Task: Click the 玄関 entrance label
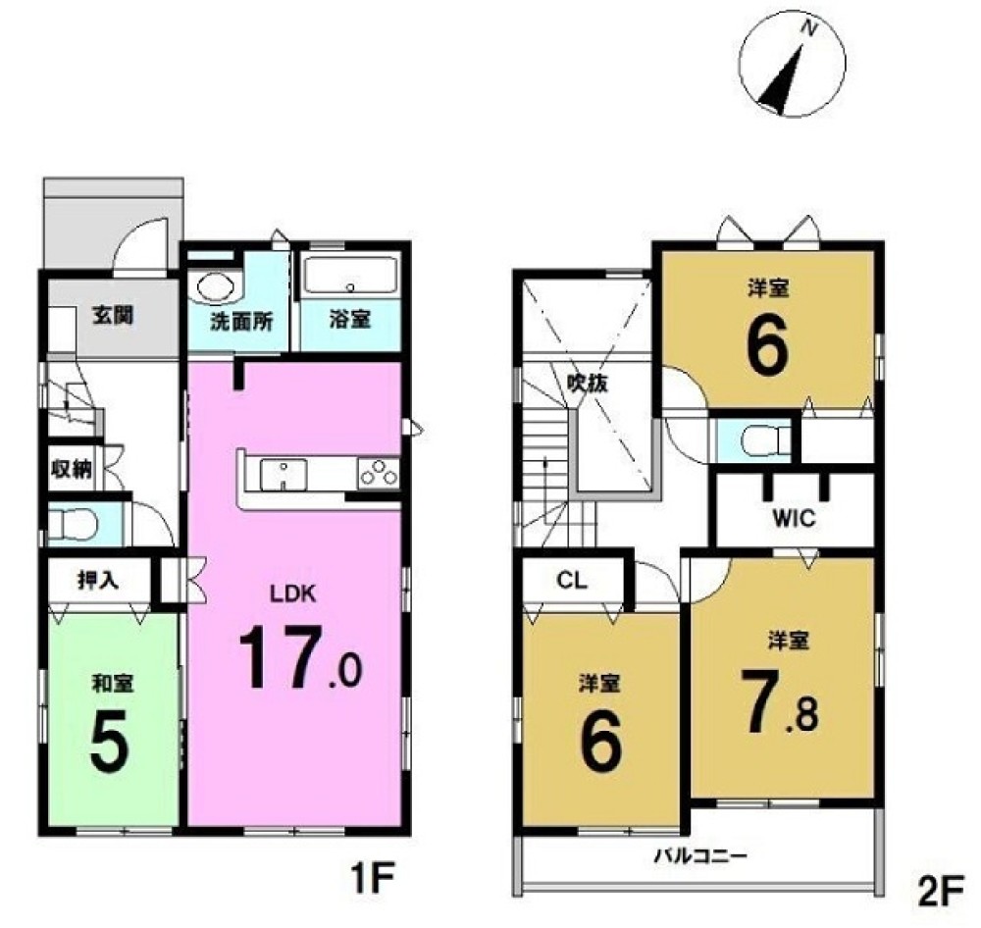(x=113, y=316)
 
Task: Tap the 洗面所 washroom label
(x=241, y=321)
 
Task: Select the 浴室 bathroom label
(x=350, y=319)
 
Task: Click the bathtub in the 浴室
(x=350, y=276)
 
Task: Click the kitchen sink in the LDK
(x=284, y=475)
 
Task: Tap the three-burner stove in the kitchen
(x=378, y=473)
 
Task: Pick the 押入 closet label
(x=98, y=581)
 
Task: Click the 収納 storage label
(x=72, y=469)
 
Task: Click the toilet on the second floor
(x=764, y=439)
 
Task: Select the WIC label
(x=794, y=518)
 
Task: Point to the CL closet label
(x=572, y=581)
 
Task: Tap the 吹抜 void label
(x=588, y=382)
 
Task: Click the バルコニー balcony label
(x=700, y=854)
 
